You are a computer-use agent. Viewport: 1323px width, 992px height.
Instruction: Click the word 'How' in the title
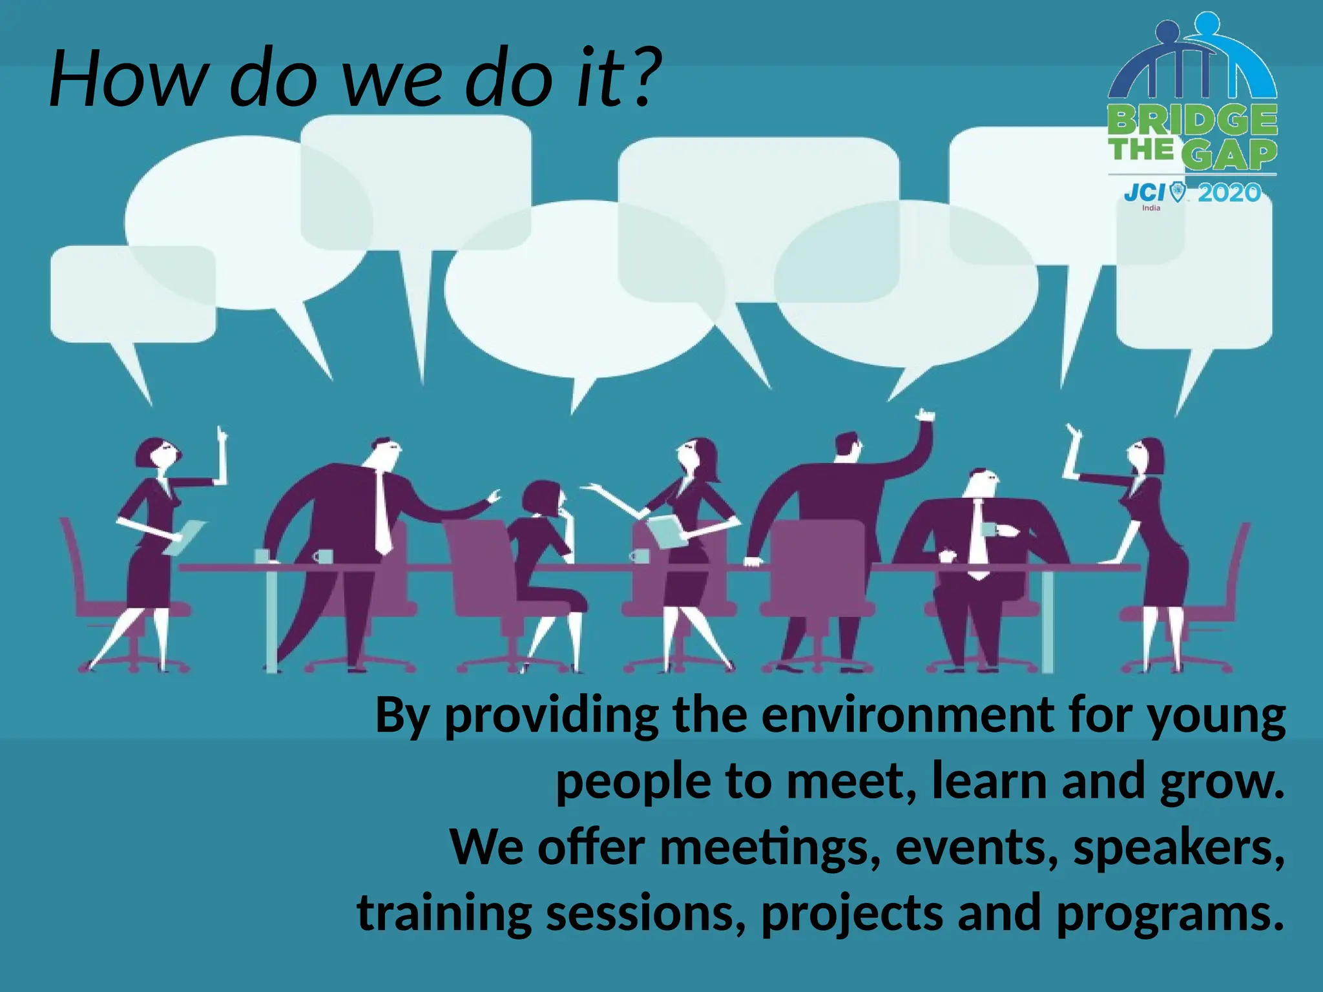126,79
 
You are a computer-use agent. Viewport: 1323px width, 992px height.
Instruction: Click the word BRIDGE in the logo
1193,120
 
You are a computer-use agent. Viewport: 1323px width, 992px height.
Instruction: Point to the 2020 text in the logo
1229,192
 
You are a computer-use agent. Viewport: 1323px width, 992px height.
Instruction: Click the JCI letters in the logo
1144,192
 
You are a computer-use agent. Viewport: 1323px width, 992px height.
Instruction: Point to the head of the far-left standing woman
155,453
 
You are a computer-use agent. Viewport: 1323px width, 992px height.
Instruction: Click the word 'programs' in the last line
1163,913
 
